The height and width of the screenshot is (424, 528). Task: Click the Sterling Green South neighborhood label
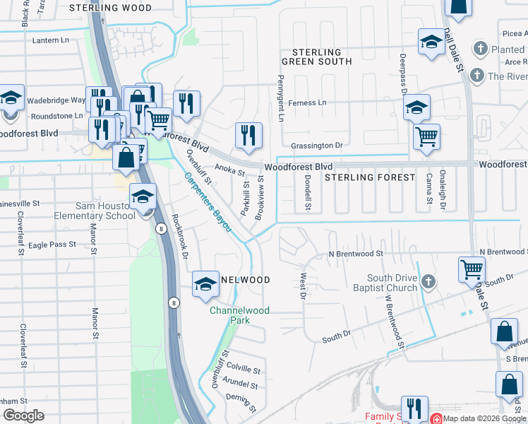(317, 57)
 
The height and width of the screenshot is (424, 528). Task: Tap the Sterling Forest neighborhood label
(370, 177)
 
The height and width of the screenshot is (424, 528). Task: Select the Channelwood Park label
(230, 315)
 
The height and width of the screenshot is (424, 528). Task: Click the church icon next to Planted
(481, 49)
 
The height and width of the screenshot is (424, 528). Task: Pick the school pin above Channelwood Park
(205, 284)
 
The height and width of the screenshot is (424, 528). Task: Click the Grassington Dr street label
(318, 145)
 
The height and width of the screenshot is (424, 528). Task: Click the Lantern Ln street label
(53, 40)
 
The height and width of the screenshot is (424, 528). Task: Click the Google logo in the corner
(23, 416)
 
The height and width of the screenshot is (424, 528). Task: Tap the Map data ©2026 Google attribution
(484, 418)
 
